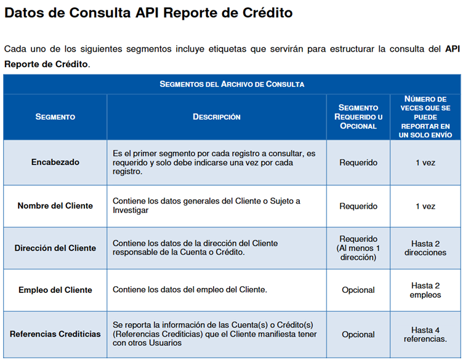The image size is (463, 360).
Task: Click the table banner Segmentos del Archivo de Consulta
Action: coord(231,84)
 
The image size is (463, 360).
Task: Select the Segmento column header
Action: coord(55,116)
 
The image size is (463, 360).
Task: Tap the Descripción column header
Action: coord(216,116)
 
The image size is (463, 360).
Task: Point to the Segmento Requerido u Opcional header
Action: coord(358,116)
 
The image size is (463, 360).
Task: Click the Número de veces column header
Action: coord(425,116)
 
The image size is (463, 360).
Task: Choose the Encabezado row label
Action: coord(55,162)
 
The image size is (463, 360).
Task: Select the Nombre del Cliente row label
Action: coord(55,206)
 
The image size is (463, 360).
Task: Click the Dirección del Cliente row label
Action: coord(55,248)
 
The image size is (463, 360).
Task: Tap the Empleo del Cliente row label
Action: coord(55,290)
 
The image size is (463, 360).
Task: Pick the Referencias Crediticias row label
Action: coord(55,334)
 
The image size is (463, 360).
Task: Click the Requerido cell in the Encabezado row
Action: coord(358,162)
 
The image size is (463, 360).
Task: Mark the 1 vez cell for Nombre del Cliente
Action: coord(425,206)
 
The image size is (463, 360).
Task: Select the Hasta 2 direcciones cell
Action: coord(425,248)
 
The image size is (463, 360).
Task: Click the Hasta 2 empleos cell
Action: coord(425,290)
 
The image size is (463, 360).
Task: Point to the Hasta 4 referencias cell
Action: coord(425,334)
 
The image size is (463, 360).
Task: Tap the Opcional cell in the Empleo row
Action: coord(358,290)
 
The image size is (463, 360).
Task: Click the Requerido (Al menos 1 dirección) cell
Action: coord(358,248)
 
